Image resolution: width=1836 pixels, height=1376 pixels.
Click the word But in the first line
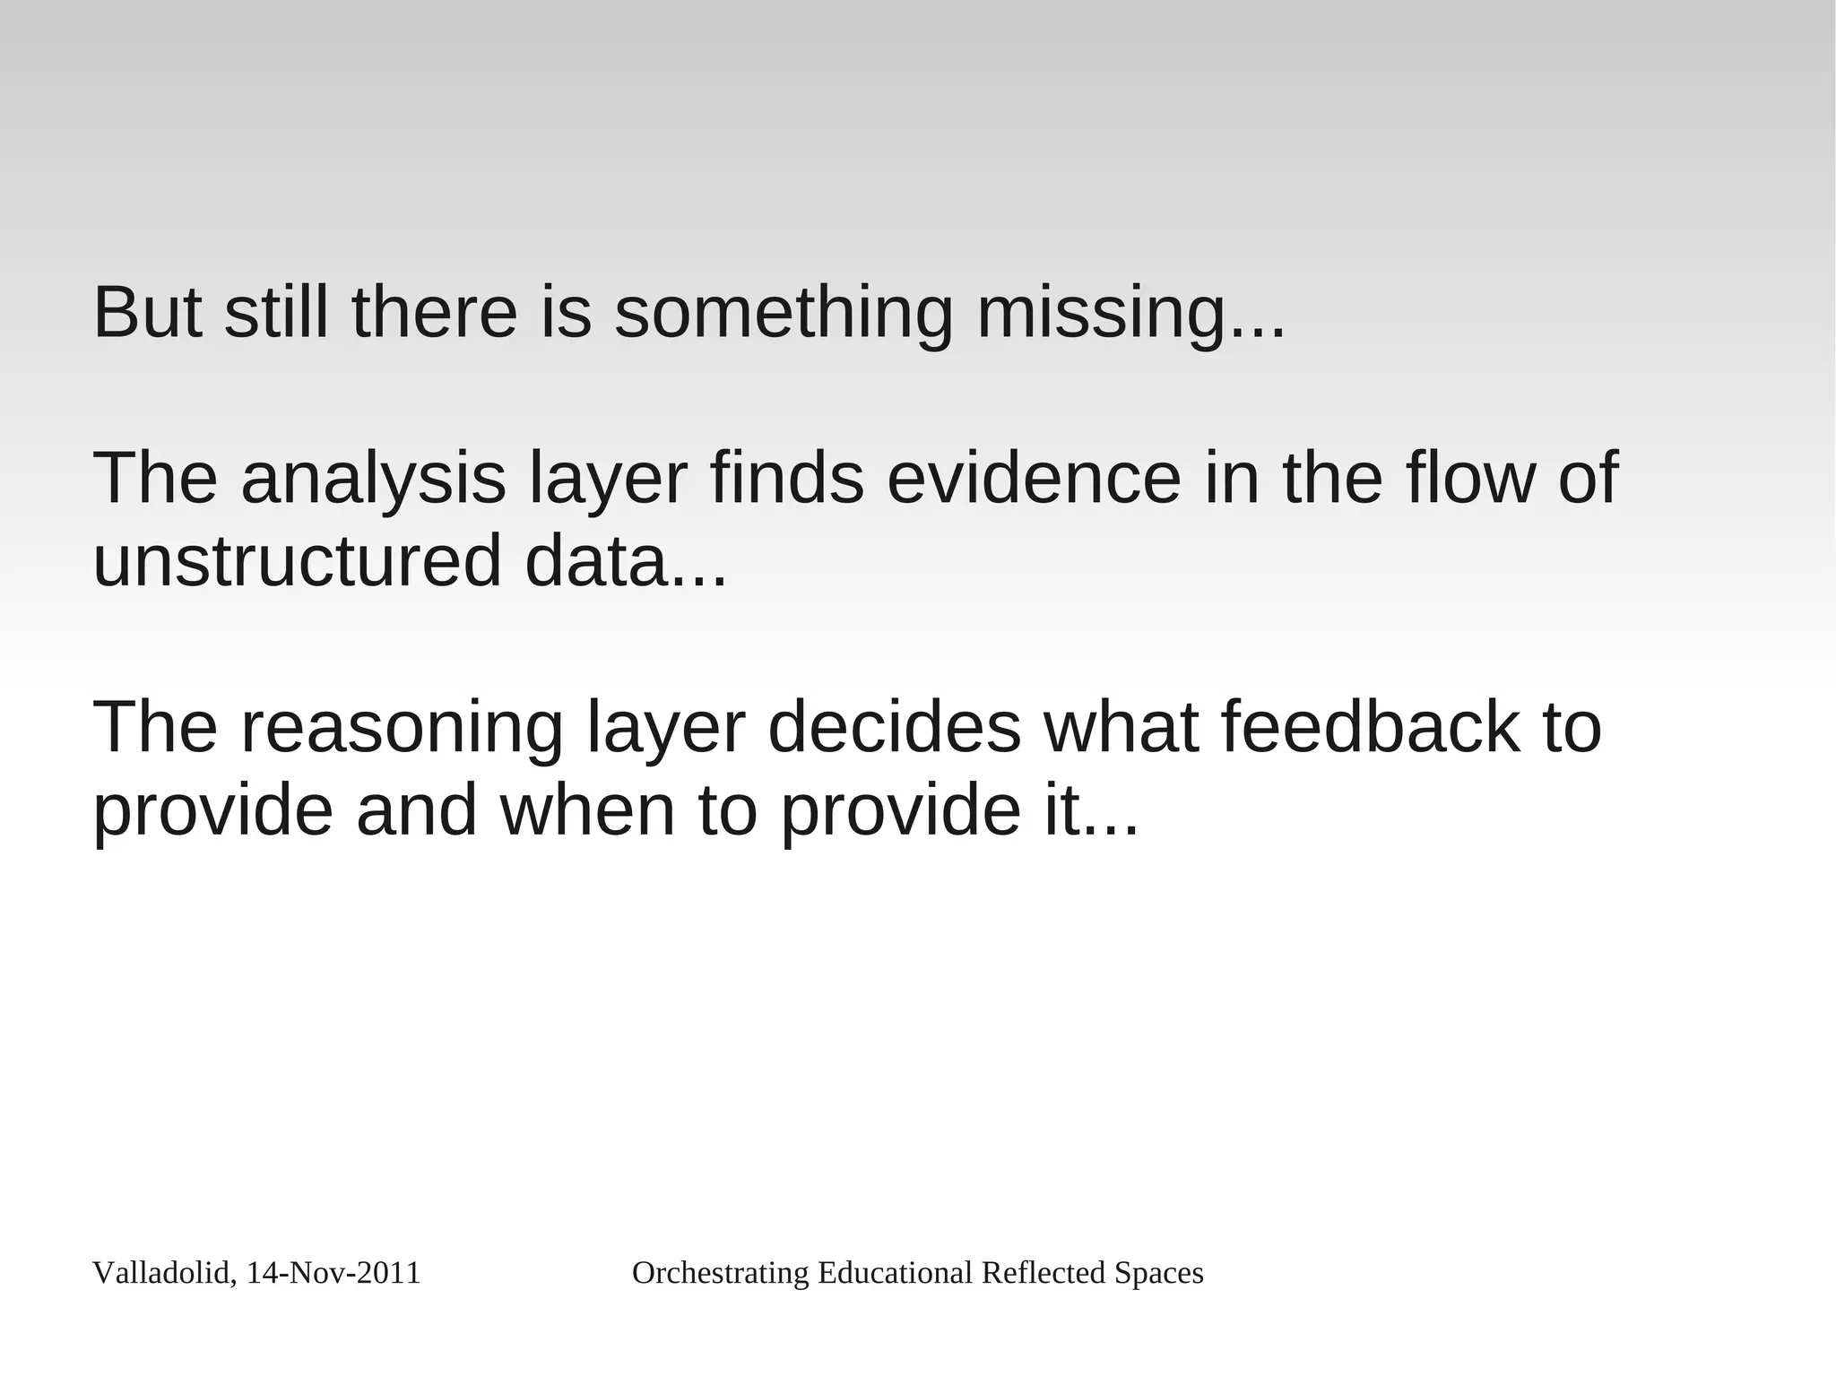click(147, 313)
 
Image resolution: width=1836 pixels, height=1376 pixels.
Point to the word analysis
click(373, 479)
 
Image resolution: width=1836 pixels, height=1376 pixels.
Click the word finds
click(787, 479)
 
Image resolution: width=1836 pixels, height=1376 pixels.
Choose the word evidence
click(1034, 479)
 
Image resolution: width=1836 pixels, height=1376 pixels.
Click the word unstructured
click(297, 561)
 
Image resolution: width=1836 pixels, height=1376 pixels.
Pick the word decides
click(894, 728)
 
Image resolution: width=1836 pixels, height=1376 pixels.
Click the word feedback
click(1371, 728)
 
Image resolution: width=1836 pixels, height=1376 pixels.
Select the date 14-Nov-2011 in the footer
click(333, 1274)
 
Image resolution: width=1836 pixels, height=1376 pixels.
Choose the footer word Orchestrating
click(721, 1274)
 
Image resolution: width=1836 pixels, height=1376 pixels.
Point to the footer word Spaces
click(1158, 1274)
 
